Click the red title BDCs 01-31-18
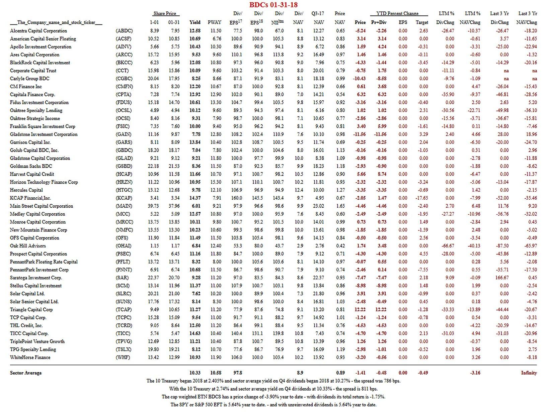(x=273, y=5)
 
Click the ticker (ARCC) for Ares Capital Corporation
(x=124, y=55)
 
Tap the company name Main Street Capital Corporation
(x=42, y=206)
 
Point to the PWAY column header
(x=214, y=22)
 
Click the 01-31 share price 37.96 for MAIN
(x=174, y=206)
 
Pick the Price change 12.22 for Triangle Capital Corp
(x=360, y=309)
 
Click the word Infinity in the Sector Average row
(x=529, y=373)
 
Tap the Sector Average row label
(x=26, y=373)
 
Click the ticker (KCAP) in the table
(x=124, y=198)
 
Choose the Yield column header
(x=195, y=22)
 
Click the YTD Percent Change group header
(x=397, y=14)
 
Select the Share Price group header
(x=164, y=14)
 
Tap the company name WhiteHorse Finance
(x=30, y=357)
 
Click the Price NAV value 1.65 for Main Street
(x=340, y=206)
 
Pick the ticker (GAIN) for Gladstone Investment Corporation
(x=124, y=134)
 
